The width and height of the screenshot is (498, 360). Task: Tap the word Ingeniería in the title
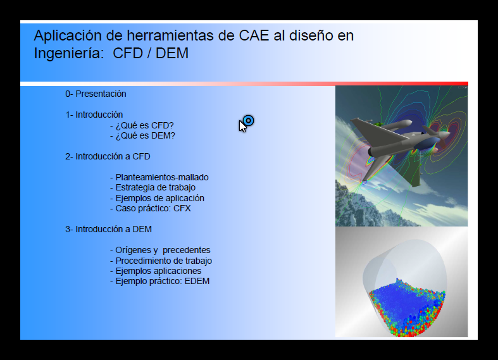69,53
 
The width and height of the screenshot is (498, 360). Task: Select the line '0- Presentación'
96,94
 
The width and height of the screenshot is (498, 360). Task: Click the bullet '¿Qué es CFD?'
142,125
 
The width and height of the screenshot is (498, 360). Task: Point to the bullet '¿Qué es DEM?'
142,135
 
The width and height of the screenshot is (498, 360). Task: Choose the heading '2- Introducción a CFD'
108,156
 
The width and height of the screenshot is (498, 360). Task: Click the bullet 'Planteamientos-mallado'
159,177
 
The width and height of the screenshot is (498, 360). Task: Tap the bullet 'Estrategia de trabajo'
153,187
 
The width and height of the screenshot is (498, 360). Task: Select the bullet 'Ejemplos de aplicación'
157,198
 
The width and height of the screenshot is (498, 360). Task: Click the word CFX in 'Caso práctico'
182,208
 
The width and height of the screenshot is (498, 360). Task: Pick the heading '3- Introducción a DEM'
108,229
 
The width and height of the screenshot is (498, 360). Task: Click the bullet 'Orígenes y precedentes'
160,250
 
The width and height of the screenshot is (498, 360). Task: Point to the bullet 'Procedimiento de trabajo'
161,261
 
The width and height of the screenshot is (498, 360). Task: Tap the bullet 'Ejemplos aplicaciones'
156,271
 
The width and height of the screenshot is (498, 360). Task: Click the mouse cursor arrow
242,126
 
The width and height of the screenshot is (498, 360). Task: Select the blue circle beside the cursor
248,121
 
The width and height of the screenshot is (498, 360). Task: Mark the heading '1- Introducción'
94,115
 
